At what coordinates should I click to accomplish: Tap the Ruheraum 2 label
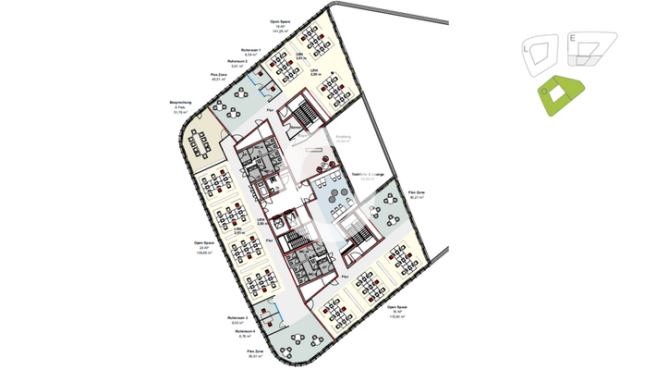tap(238, 61)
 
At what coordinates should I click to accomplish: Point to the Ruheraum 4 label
tap(244, 329)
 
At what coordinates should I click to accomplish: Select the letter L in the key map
tap(526, 45)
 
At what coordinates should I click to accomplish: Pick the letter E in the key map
tap(573, 38)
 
